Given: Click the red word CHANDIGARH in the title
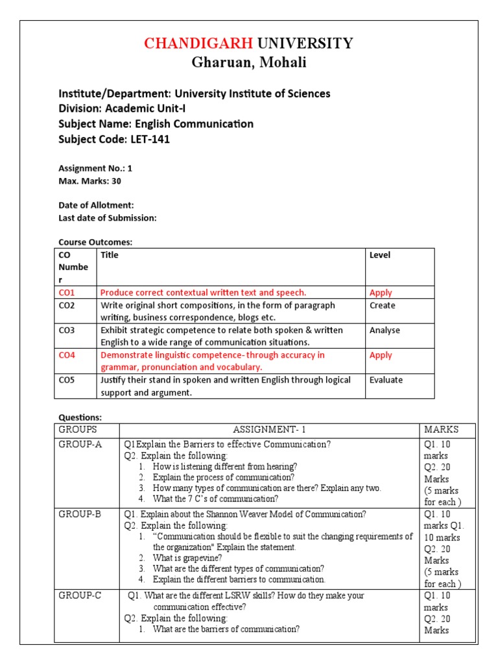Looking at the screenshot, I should coord(199,44).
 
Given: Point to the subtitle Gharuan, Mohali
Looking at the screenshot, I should coord(249,63).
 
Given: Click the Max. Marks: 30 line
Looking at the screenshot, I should coord(89,181).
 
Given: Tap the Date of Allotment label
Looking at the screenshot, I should coord(96,205).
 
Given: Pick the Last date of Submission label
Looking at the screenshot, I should coord(108,218).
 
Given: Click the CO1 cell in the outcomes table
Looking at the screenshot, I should coord(67,293).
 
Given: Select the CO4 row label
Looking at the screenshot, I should coord(67,355).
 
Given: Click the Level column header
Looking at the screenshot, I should coord(380,255).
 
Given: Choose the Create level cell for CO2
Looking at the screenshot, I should coord(382,305).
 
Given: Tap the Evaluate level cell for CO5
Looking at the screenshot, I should coord(386,380).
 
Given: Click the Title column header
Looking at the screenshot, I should coord(110,255).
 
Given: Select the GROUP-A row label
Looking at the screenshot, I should coord(80,444).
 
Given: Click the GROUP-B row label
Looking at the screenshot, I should coord(80,514).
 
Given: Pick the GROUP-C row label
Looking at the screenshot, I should coord(80,596).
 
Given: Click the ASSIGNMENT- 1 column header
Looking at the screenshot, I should coord(269,430).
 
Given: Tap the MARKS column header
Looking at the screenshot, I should coord(441,430).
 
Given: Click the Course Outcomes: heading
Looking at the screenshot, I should coord(95,242).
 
